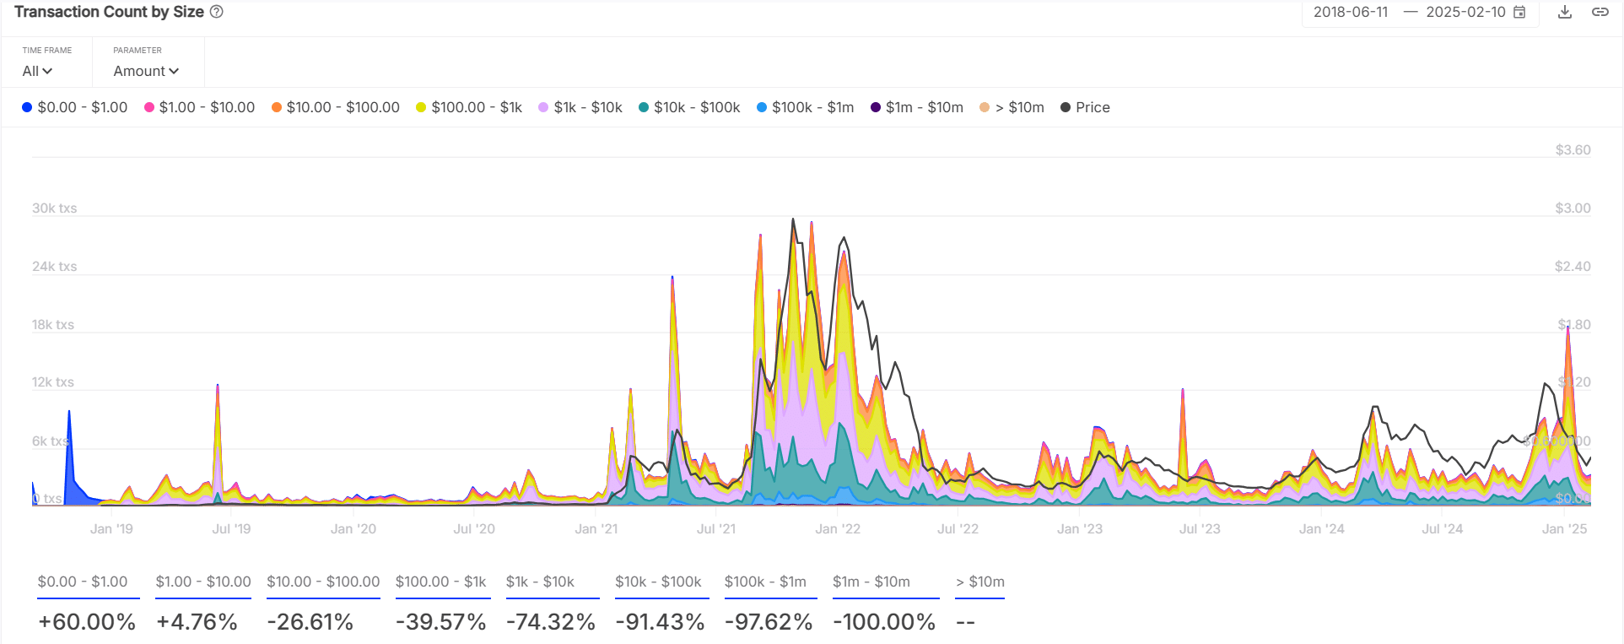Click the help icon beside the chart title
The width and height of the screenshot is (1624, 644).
tap(217, 12)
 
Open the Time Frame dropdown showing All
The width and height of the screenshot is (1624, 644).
tap(37, 71)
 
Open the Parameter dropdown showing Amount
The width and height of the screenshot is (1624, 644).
tap(146, 71)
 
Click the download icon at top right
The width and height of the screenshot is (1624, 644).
tap(1565, 12)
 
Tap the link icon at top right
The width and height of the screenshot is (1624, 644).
tap(1600, 12)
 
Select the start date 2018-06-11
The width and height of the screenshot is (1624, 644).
tap(1350, 12)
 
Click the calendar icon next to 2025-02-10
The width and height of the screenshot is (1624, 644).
tap(1519, 12)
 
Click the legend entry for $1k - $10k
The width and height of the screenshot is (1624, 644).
tap(580, 107)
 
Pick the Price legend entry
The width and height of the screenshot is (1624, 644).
tap(1086, 107)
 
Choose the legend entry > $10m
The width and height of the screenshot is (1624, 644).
tap(1012, 107)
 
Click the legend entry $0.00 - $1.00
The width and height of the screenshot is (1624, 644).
tap(75, 107)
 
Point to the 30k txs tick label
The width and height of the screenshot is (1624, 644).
tap(54, 208)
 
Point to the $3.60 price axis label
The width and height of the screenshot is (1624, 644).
tap(1573, 149)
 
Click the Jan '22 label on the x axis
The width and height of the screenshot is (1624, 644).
tap(838, 528)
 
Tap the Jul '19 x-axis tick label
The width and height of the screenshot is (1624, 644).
tap(231, 528)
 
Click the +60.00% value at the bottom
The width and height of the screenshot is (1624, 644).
tap(87, 622)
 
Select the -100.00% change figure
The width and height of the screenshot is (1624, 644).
tap(884, 622)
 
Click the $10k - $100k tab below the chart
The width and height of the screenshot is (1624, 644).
tap(658, 582)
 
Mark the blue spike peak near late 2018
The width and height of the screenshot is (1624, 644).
tap(69, 412)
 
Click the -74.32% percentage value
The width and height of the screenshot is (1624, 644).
tap(551, 622)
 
